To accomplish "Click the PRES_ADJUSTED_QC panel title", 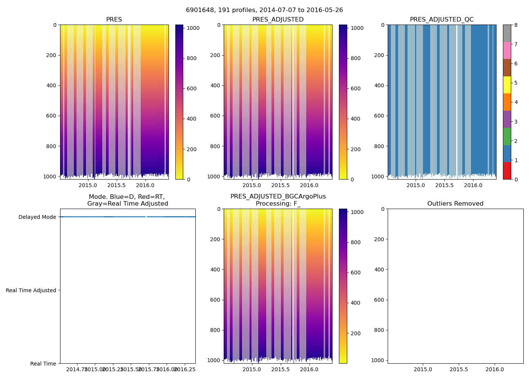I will click(x=442, y=20).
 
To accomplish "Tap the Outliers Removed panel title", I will click(x=455, y=204).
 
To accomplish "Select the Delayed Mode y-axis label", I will click(x=37, y=217).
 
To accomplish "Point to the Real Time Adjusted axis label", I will click(x=31, y=290).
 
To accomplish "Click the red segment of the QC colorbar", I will click(x=507, y=171).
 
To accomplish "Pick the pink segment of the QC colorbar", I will click(x=507, y=51).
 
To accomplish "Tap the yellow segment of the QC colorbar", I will click(x=507, y=85).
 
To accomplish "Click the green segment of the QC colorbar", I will click(x=507, y=136).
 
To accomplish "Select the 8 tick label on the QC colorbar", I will click(x=516, y=25).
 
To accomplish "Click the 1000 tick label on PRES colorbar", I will click(x=193, y=28).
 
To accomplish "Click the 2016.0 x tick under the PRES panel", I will click(x=145, y=185).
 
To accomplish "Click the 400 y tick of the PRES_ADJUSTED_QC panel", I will click(x=379, y=85).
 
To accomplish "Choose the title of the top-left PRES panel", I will click(x=114, y=20).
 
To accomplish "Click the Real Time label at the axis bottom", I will click(x=43, y=364).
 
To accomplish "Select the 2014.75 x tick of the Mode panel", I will click(x=77, y=369).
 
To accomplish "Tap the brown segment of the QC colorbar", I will click(x=507, y=68).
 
